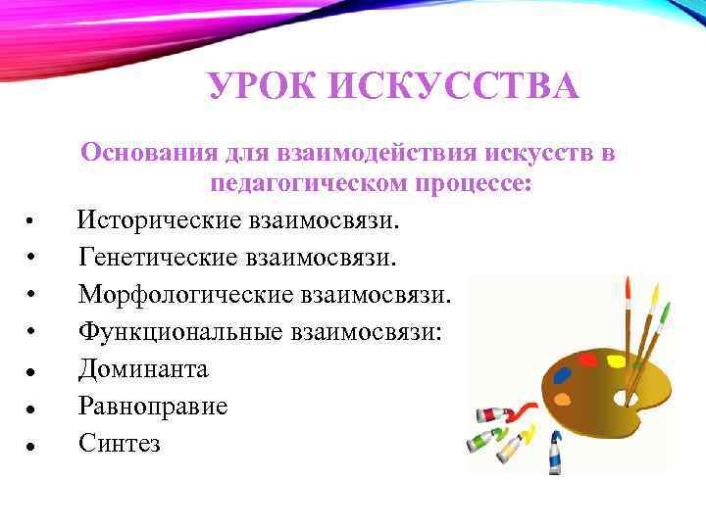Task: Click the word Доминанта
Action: tap(143, 369)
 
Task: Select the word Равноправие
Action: tap(153, 406)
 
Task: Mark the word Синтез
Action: tap(120, 443)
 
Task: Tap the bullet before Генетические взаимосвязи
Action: tap(32, 260)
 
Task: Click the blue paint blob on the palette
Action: tap(563, 374)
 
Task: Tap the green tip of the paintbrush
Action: tap(665, 313)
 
